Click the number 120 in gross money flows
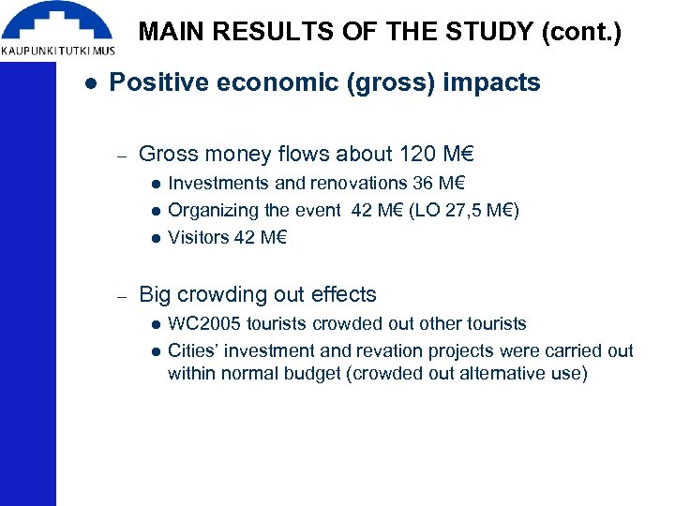pos(417,153)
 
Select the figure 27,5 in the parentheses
pos(463,210)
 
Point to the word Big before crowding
pos(156,294)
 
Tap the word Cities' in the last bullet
pos(195,350)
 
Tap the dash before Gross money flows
pos(120,154)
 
